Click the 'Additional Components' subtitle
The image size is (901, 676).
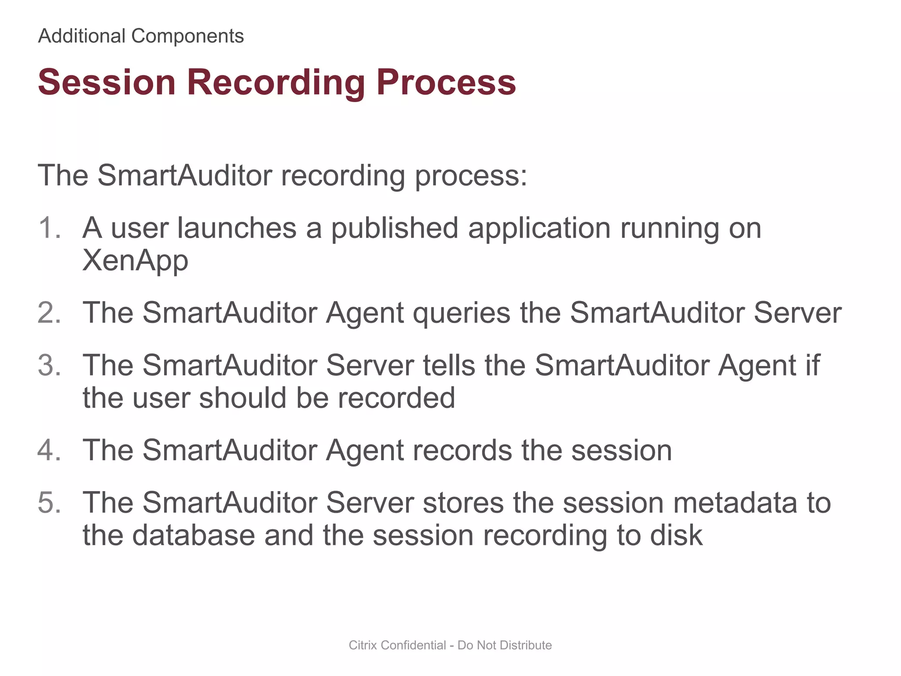(x=141, y=36)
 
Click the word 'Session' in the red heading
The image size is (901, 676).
(x=107, y=82)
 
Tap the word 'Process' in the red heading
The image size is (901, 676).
(x=446, y=82)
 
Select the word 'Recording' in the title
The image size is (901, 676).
(x=276, y=82)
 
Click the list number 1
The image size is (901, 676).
(x=48, y=228)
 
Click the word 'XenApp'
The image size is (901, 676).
(x=136, y=261)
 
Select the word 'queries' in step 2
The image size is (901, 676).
(x=461, y=313)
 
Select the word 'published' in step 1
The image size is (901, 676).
(x=395, y=228)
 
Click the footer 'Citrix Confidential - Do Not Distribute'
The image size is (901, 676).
(x=450, y=645)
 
